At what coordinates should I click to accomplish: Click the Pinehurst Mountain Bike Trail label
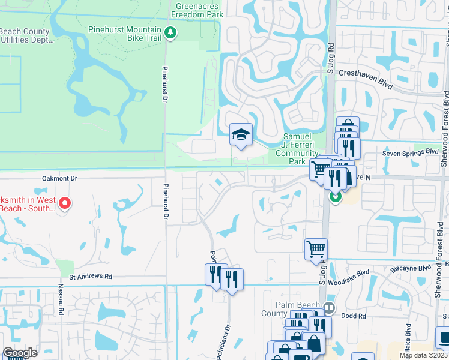coord(125,34)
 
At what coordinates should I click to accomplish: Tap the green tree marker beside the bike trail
coord(171,32)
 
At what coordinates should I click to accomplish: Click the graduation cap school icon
coord(241,135)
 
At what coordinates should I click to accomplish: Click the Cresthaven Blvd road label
coord(366,80)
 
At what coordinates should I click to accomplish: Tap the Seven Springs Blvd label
coord(411,154)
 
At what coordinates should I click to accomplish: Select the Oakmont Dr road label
coord(61,178)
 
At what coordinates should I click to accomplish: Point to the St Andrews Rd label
coord(91,277)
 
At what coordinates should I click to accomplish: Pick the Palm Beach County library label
coord(282,308)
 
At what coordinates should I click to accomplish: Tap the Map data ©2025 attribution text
coord(424,355)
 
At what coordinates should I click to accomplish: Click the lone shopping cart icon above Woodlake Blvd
coord(316,248)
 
